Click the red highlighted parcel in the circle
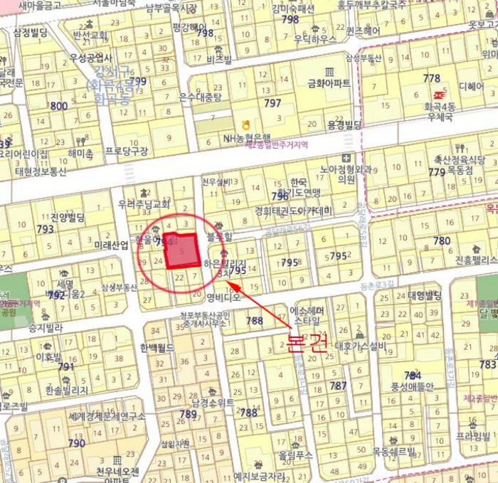(181, 250)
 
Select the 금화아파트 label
(328, 83)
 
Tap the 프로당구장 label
(127, 151)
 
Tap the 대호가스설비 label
(360, 347)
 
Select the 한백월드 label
(157, 348)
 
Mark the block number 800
(59, 106)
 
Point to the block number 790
(76, 443)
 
